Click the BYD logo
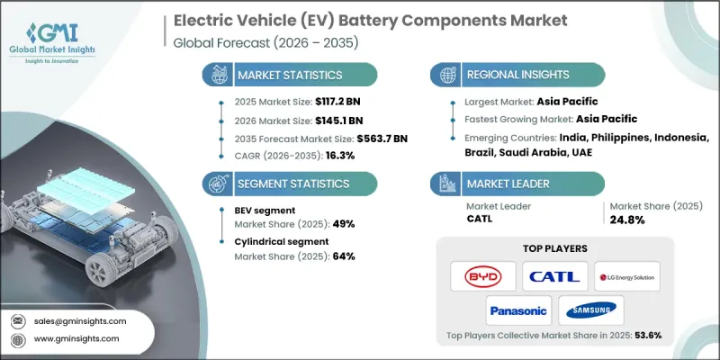483,275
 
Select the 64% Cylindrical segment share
343,256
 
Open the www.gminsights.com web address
77,339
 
